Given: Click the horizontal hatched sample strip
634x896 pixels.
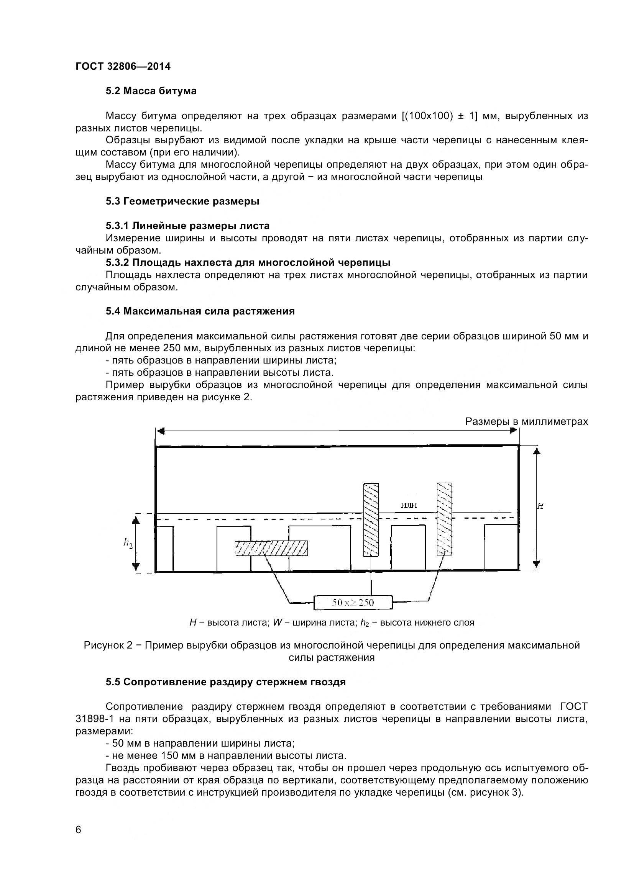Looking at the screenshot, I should (271, 548).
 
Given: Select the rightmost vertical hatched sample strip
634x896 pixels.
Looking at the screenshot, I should (444, 519).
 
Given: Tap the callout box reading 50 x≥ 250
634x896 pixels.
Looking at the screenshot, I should (353, 603).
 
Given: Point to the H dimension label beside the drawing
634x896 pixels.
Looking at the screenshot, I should (540, 506).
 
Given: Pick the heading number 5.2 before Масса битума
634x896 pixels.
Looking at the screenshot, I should (113, 91).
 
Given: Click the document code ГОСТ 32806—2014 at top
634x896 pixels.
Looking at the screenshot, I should (123, 66).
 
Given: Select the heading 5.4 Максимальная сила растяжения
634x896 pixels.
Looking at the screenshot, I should (200, 311).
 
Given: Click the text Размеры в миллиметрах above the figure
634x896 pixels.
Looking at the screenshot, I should (526, 421).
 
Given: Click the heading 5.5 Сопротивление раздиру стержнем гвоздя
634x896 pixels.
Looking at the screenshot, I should (226, 682).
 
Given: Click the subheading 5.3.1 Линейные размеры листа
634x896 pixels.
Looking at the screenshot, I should (187, 226).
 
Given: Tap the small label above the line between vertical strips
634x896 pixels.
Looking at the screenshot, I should (408, 506).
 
